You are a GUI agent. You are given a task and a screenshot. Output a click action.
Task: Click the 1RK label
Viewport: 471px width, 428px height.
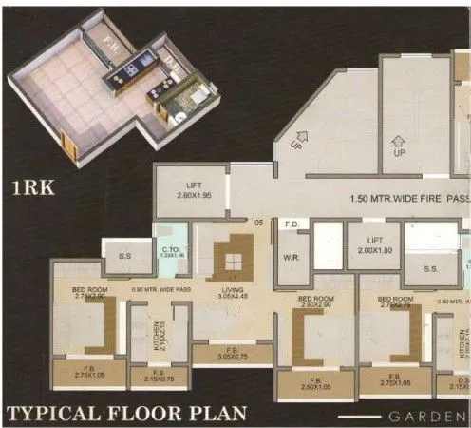[x=32, y=187]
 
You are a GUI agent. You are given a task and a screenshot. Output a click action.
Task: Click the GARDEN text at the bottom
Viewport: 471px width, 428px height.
[x=427, y=416]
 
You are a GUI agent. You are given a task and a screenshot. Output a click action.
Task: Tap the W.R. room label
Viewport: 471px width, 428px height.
[x=291, y=255]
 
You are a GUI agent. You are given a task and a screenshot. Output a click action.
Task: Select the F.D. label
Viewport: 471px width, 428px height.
[x=292, y=225]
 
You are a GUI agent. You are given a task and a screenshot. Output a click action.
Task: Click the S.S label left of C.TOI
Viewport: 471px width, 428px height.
[x=124, y=255]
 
